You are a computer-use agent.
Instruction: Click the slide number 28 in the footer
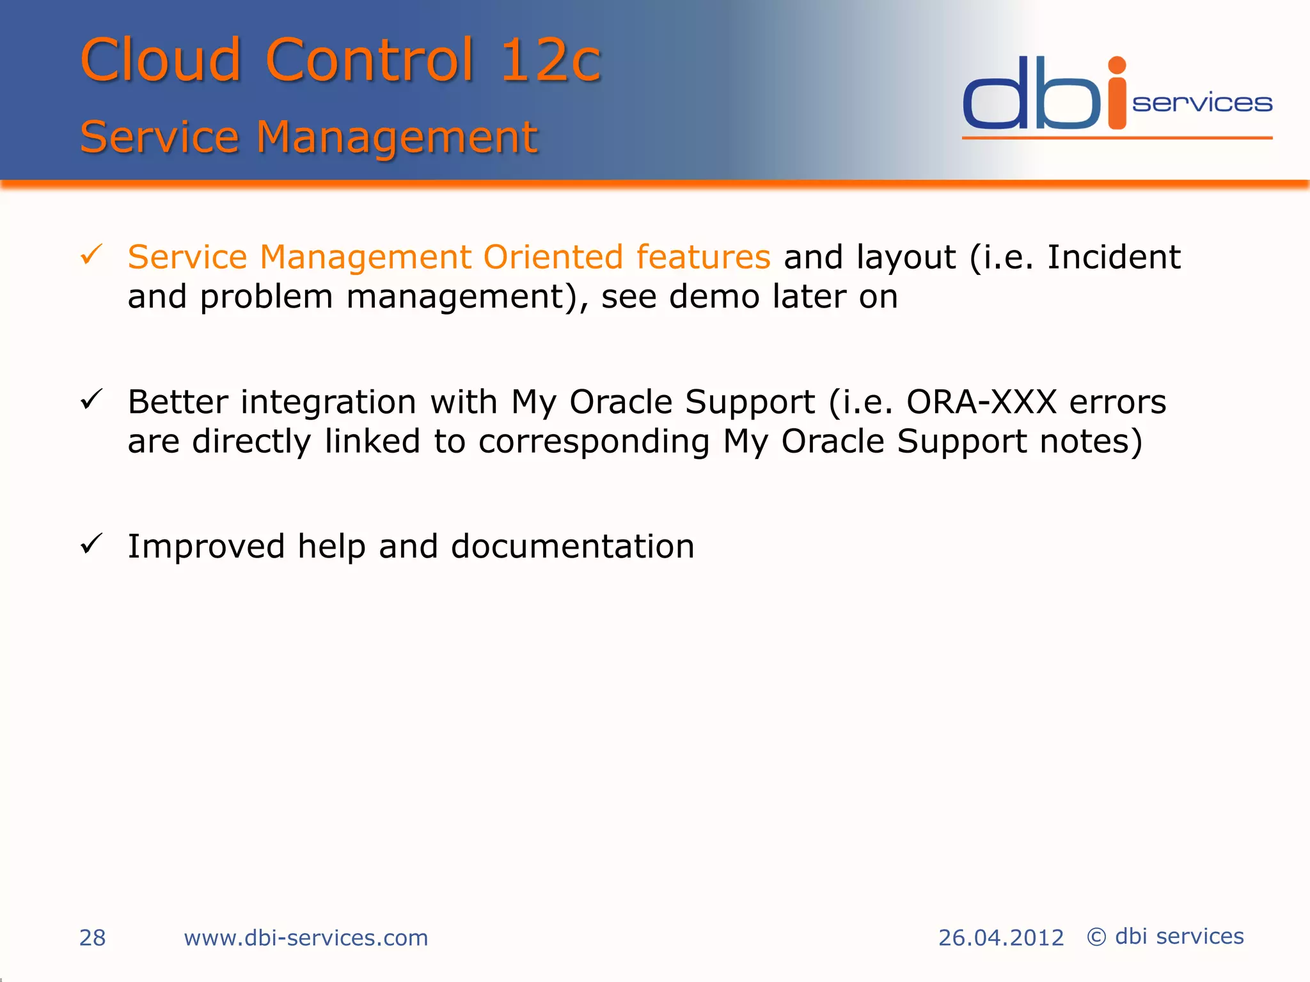[92, 938]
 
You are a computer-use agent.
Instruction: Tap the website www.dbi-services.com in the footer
[306, 938]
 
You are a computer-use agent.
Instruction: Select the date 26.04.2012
[1000, 938]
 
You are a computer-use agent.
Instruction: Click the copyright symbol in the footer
[1096, 937]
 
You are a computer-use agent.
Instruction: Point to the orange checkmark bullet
[91, 255]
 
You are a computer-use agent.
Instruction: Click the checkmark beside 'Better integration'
[91, 400]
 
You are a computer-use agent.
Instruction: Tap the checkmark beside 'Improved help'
[91, 545]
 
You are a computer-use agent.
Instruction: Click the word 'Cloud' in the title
[160, 60]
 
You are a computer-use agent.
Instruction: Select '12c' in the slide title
[550, 60]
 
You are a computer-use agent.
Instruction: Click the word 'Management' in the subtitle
[397, 137]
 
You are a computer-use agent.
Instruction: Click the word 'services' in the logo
[1202, 104]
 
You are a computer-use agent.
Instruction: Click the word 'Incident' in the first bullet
[1113, 257]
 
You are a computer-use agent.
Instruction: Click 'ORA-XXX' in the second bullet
[981, 402]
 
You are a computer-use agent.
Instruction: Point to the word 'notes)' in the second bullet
[1091, 441]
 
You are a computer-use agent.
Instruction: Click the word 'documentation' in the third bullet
[572, 547]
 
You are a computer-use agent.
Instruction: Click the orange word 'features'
[703, 257]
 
